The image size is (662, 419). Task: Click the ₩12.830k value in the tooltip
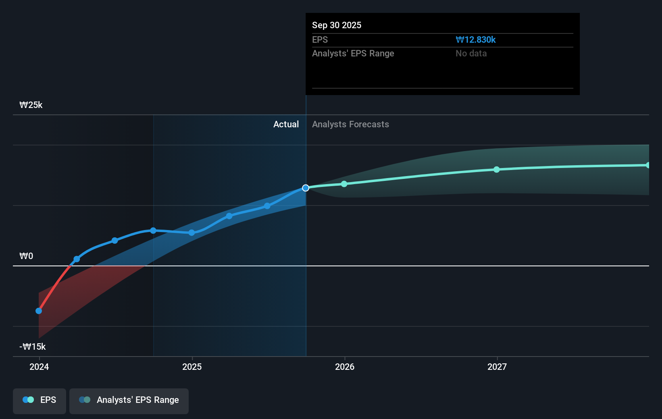(x=475, y=39)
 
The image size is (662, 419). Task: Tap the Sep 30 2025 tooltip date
(x=336, y=25)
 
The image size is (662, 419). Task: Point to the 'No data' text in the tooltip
(x=471, y=53)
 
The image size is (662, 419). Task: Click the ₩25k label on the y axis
(x=31, y=105)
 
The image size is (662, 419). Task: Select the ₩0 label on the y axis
(x=26, y=256)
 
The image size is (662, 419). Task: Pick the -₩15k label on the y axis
(x=32, y=346)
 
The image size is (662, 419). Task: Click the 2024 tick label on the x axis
(x=39, y=367)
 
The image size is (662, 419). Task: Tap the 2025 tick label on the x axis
(x=192, y=367)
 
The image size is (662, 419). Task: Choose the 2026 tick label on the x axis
(x=344, y=367)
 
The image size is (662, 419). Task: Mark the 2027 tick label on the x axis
(x=497, y=367)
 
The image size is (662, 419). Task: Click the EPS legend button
(x=40, y=400)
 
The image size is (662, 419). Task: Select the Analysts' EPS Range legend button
(x=129, y=400)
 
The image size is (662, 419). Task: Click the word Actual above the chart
(x=286, y=124)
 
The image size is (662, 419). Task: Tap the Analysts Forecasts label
(x=350, y=124)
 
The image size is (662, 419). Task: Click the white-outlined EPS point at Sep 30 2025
(x=306, y=188)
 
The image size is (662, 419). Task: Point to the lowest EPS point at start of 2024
(x=39, y=311)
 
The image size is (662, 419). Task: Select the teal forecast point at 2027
(x=497, y=170)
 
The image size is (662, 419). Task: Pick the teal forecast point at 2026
(x=344, y=184)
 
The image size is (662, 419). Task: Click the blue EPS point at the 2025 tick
(x=192, y=232)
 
